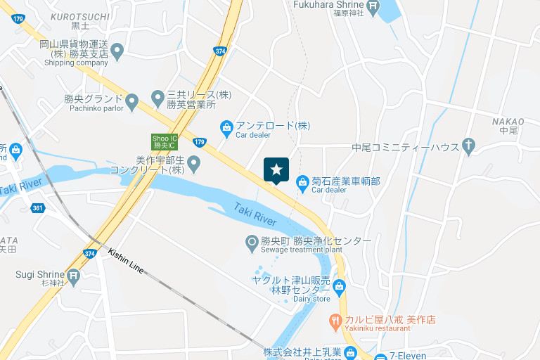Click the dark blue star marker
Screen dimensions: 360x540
coord(276,169)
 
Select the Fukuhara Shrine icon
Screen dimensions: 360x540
coord(373,8)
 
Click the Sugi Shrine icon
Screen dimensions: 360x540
coord(74,274)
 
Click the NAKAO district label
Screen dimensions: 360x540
coord(508,121)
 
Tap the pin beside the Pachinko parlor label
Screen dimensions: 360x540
coord(131,103)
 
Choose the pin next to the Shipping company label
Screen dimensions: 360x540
coord(117,51)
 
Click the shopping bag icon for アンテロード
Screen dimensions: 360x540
coord(226,127)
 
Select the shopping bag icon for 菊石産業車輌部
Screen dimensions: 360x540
coord(302,183)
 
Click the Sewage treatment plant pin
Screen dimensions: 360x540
coord(252,243)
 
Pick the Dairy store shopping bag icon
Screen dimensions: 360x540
coord(340,286)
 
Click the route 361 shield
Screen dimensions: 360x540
coord(38,208)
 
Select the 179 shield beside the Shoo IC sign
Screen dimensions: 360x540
coord(200,143)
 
